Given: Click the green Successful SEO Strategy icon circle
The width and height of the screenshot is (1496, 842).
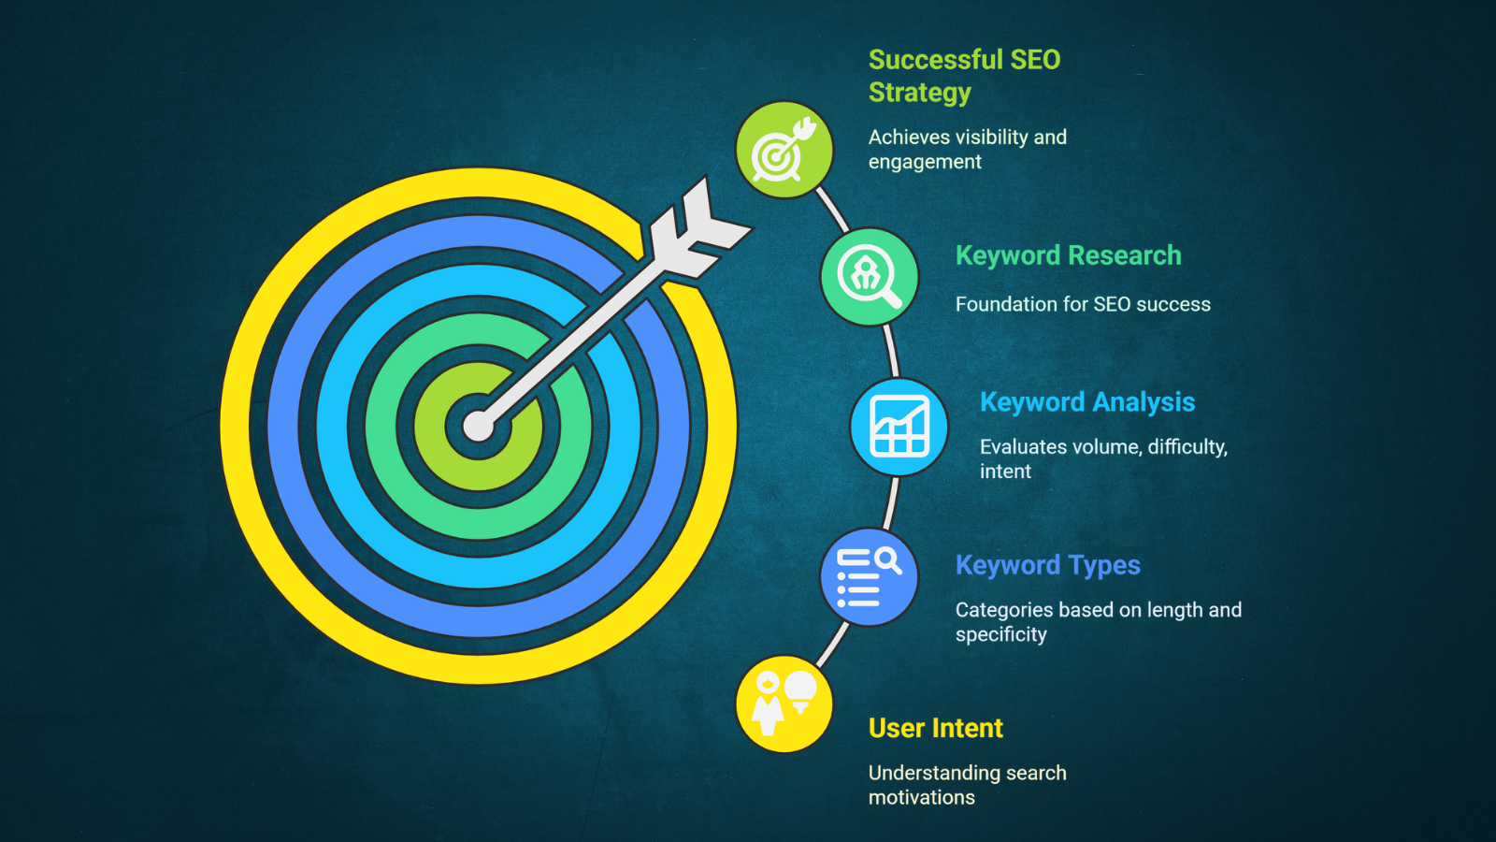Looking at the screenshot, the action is click(784, 150).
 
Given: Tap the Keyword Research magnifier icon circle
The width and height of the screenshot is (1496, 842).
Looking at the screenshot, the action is click(870, 277).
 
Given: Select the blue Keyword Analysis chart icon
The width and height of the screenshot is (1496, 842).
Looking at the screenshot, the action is click(899, 427).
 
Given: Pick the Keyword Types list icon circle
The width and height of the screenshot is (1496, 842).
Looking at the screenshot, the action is click(870, 577).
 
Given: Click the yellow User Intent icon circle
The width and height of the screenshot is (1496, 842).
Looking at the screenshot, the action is click(784, 704).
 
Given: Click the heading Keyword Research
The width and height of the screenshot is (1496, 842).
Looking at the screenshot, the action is click(1069, 255).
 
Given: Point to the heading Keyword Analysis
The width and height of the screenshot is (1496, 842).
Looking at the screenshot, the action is click(1087, 402).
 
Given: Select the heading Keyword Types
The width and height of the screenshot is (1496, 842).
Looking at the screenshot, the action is click(1048, 565).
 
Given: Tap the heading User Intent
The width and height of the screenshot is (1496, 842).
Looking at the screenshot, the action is click(936, 728).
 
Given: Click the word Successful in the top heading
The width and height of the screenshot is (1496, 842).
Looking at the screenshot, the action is click(935, 60).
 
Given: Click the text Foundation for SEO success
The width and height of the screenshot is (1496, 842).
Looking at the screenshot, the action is click(1083, 304).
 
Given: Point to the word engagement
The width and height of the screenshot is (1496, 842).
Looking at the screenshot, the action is click(925, 163).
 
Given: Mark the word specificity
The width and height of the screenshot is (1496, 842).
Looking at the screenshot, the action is click(1001, 634).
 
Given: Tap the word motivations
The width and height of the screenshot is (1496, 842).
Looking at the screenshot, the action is click(922, 797).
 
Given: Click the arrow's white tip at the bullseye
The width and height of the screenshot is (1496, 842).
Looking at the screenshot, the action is click(478, 427).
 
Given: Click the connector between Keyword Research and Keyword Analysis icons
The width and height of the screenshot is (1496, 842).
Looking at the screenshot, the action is click(892, 351).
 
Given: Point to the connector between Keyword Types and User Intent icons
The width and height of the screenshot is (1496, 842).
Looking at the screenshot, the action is click(832, 645).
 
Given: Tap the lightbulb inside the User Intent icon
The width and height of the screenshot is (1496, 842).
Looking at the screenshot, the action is click(800, 691).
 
